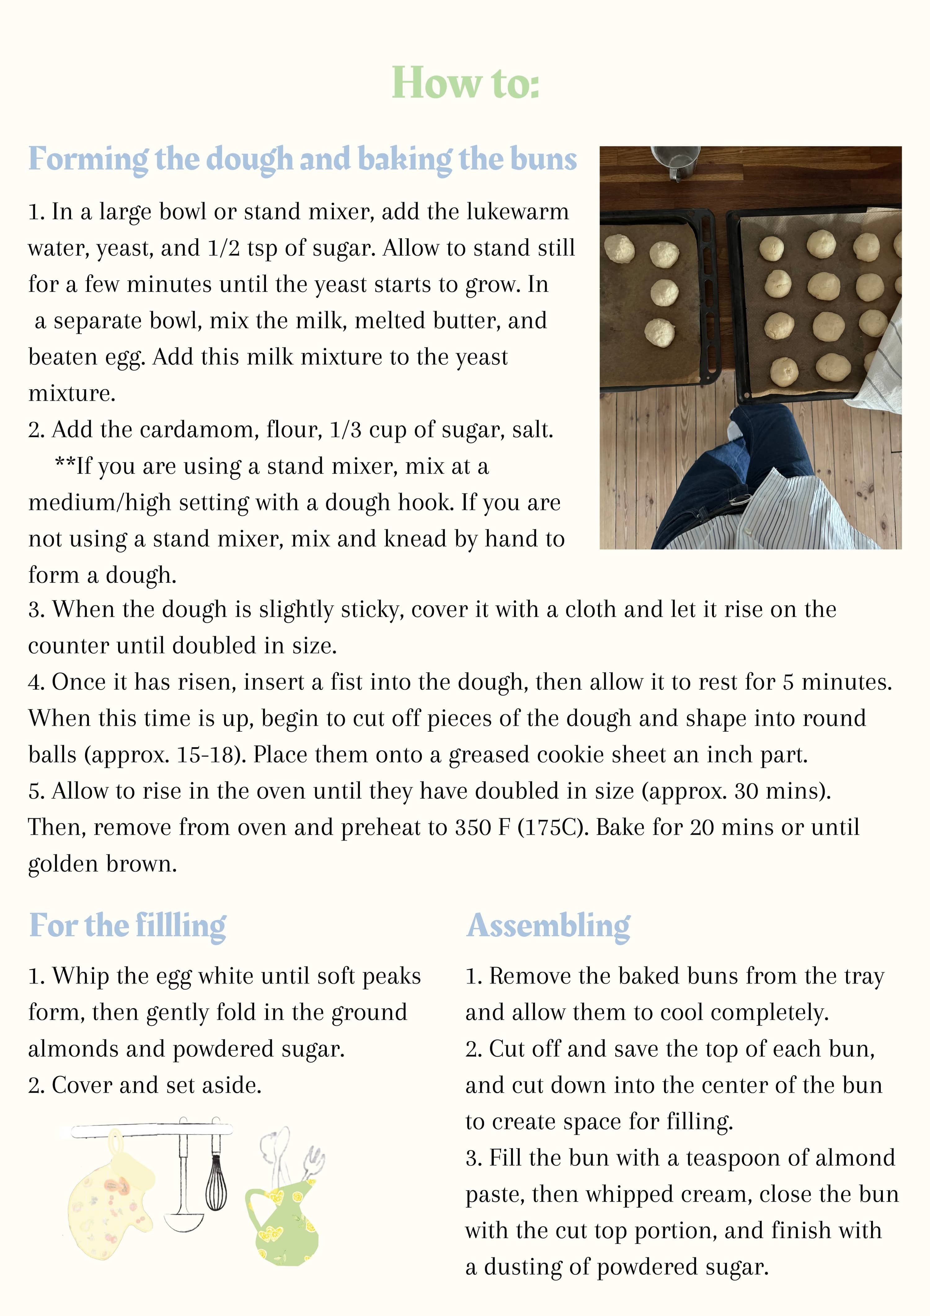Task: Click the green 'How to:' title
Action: click(x=465, y=83)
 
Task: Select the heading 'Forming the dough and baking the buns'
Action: click(x=303, y=159)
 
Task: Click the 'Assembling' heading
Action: click(x=548, y=926)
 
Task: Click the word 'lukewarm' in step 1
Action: click(x=517, y=212)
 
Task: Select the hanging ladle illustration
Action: click(x=183, y=1192)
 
